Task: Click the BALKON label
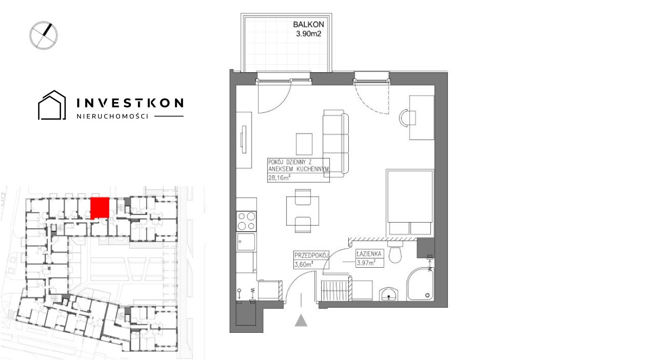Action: point(308,24)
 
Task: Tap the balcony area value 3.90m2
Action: point(309,34)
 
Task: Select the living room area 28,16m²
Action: point(279,178)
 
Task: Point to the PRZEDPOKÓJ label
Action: point(311,256)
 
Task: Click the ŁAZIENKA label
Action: point(369,254)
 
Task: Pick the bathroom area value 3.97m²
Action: point(366,263)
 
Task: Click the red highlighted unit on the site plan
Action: point(100,207)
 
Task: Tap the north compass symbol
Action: point(43,35)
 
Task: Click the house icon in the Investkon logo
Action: point(52,105)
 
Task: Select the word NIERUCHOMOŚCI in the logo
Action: point(112,116)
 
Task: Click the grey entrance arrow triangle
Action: point(301,320)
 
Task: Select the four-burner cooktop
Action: point(247,221)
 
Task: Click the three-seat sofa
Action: point(336,143)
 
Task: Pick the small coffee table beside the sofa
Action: point(304,144)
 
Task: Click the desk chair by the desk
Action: point(406,118)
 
